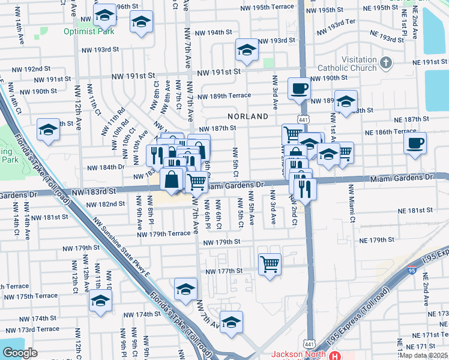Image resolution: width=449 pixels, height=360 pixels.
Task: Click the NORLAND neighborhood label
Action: [x=247, y=116]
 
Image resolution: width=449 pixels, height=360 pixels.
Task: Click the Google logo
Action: [x=20, y=353]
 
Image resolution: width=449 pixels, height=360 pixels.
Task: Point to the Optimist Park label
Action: [x=89, y=31]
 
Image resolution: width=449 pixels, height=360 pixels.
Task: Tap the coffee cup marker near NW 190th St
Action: [x=299, y=89]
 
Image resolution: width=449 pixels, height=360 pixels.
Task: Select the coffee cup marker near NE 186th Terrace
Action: [x=415, y=143]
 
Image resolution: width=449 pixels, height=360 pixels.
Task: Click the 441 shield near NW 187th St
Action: [x=303, y=120]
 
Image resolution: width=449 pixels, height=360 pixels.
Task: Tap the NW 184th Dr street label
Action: [x=106, y=168]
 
